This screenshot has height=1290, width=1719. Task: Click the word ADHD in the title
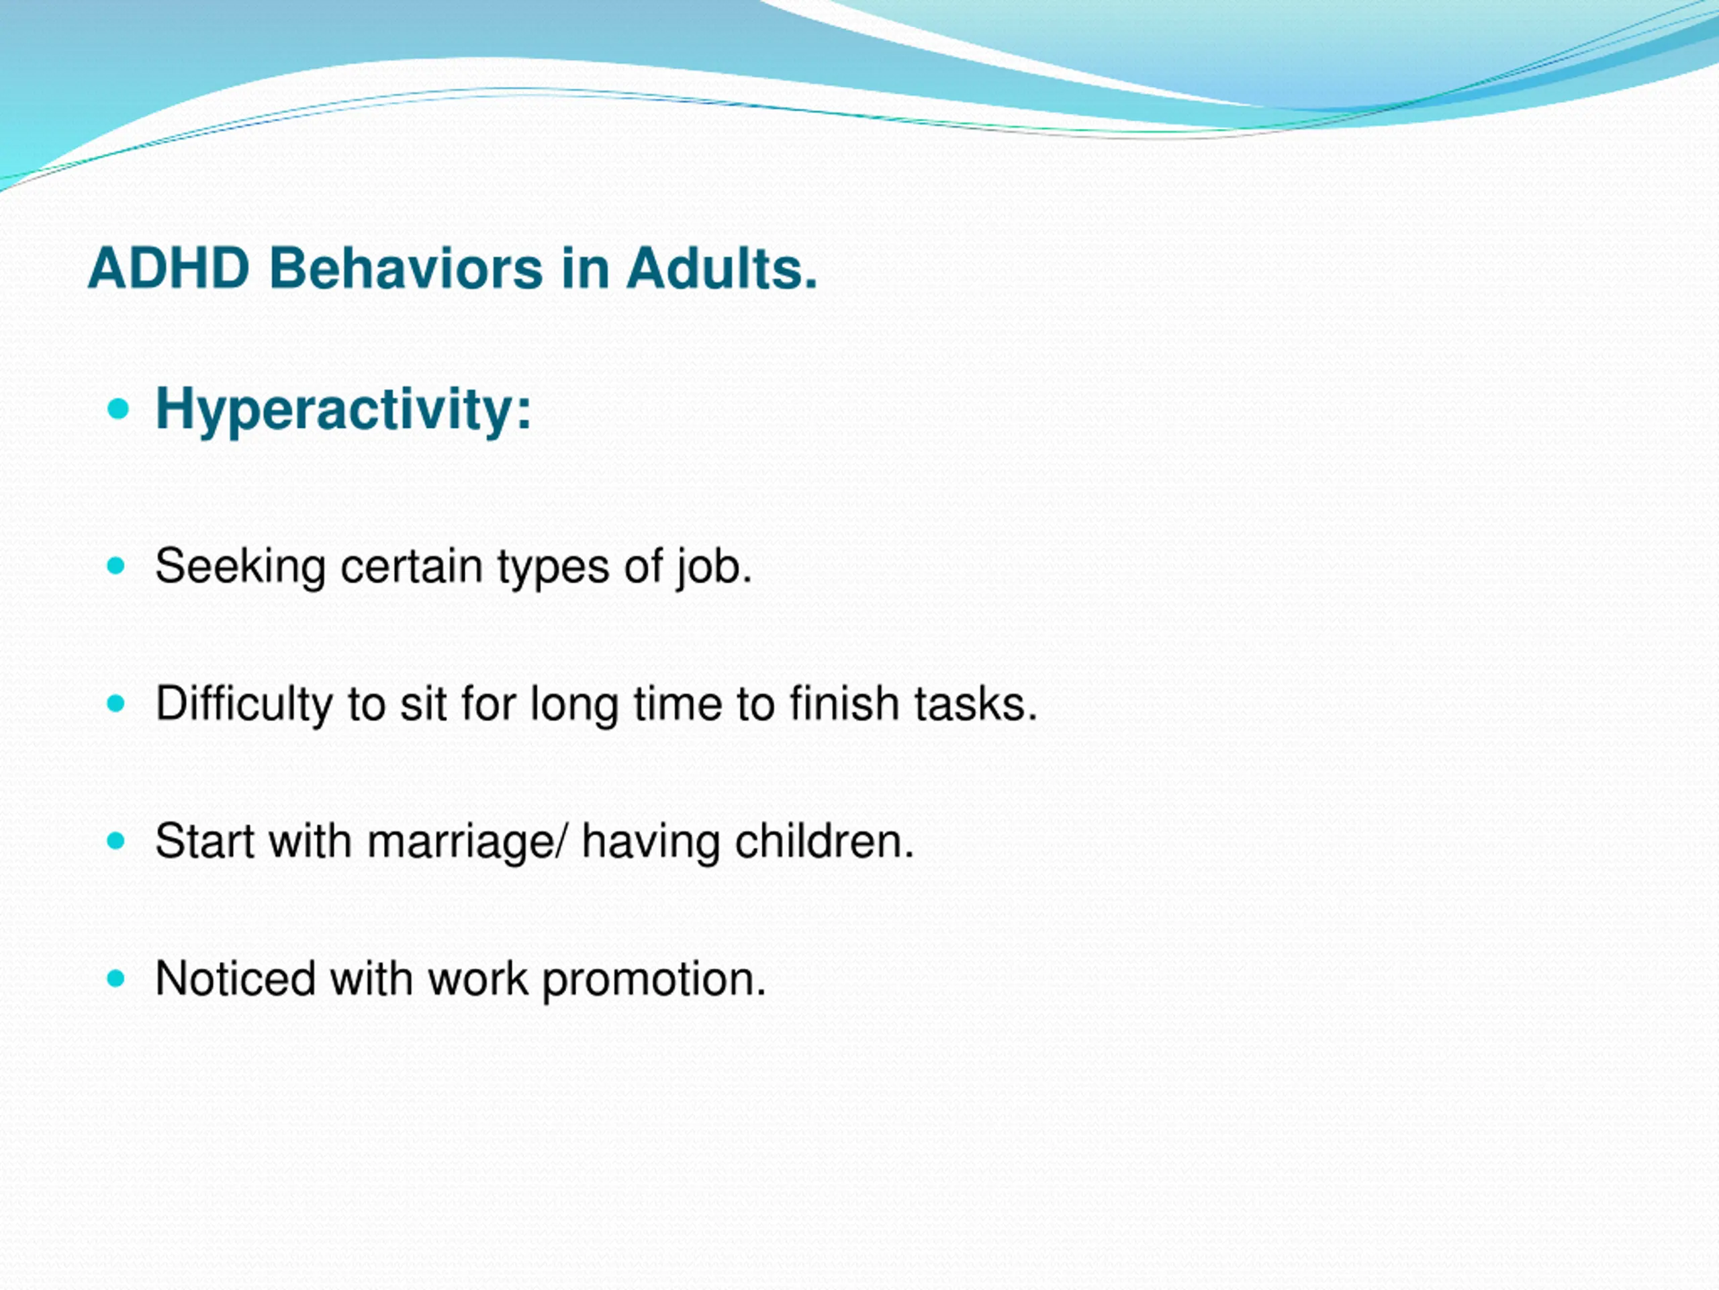pos(169,268)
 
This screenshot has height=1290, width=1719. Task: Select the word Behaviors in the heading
pos(406,268)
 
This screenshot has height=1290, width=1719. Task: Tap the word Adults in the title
pos(722,268)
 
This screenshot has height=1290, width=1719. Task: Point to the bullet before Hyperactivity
pos(118,409)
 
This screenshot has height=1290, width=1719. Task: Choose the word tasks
pos(975,703)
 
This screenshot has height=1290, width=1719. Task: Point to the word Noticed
pos(236,978)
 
